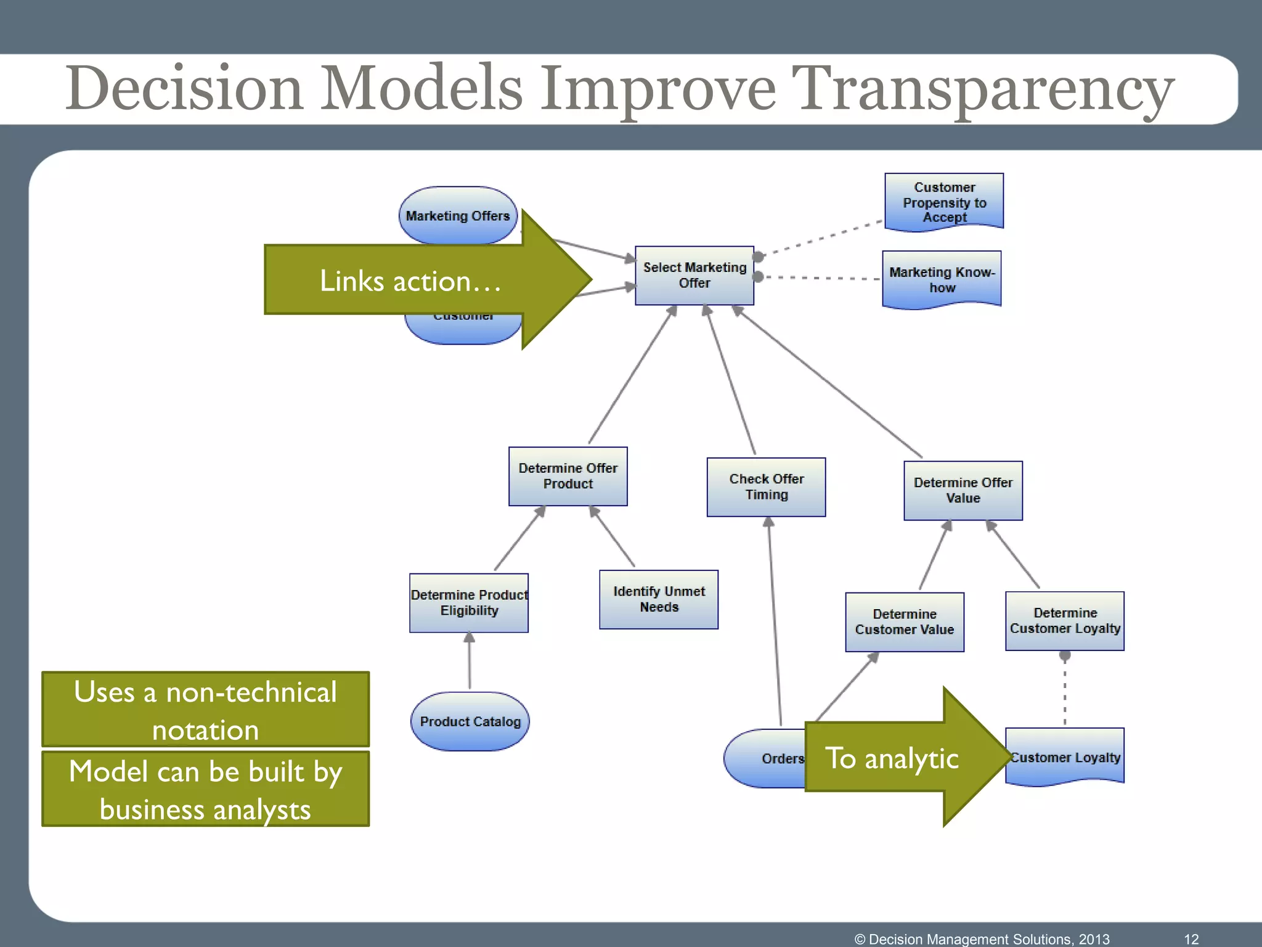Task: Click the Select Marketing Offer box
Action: pyautogui.click(x=694, y=275)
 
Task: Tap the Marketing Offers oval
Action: pyautogui.click(x=458, y=215)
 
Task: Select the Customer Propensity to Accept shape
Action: pyautogui.click(x=944, y=202)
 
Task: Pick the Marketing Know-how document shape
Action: pyautogui.click(x=942, y=279)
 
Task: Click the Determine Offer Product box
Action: pyautogui.click(x=568, y=476)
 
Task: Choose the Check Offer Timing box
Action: pyautogui.click(x=766, y=486)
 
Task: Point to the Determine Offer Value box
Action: pyautogui.click(x=963, y=490)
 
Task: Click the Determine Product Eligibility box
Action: pyautogui.click(x=469, y=602)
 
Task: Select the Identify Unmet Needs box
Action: pyautogui.click(x=659, y=599)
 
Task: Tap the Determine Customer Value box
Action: pyautogui.click(x=904, y=621)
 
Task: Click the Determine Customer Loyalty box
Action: pyautogui.click(x=1064, y=620)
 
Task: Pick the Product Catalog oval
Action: pyautogui.click(x=470, y=721)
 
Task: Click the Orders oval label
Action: pyautogui.click(x=782, y=758)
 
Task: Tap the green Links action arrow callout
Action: pyautogui.click(x=410, y=281)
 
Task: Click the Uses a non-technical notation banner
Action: pyautogui.click(x=205, y=710)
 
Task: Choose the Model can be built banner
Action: pyautogui.click(x=205, y=789)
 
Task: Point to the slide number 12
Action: pyautogui.click(x=1191, y=939)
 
